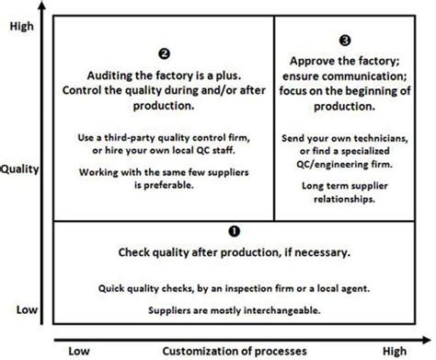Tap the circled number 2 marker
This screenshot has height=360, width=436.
click(164, 54)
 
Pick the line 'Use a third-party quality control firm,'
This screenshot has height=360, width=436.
click(164, 138)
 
